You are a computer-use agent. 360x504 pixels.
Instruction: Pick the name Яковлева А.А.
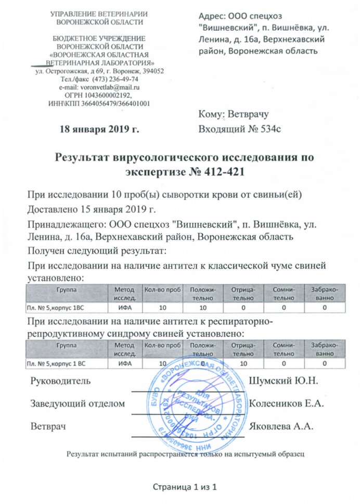tap(281, 426)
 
